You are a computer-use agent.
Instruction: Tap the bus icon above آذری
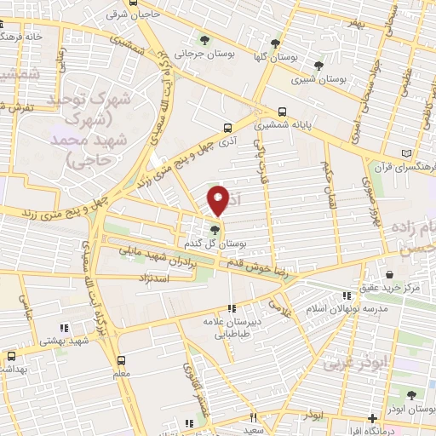point(227,129)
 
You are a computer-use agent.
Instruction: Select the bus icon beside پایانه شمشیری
point(282,112)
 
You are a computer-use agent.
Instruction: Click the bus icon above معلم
point(122,360)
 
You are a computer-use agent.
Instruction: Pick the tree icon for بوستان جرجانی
point(204,39)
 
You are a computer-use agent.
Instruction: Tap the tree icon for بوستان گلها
point(274,43)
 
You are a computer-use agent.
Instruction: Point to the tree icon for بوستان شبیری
point(318,65)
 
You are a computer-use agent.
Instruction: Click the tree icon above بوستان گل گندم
point(215,228)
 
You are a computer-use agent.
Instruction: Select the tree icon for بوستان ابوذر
point(410,394)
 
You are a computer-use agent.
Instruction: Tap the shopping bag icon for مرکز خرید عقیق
point(389,276)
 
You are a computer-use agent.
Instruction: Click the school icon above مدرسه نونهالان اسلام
point(346,295)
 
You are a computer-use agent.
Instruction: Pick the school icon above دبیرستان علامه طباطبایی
point(231,308)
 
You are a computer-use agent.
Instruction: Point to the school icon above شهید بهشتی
point(62,328)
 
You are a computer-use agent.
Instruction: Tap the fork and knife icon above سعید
point(253,418)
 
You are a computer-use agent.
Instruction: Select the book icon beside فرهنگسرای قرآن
point(405,154)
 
